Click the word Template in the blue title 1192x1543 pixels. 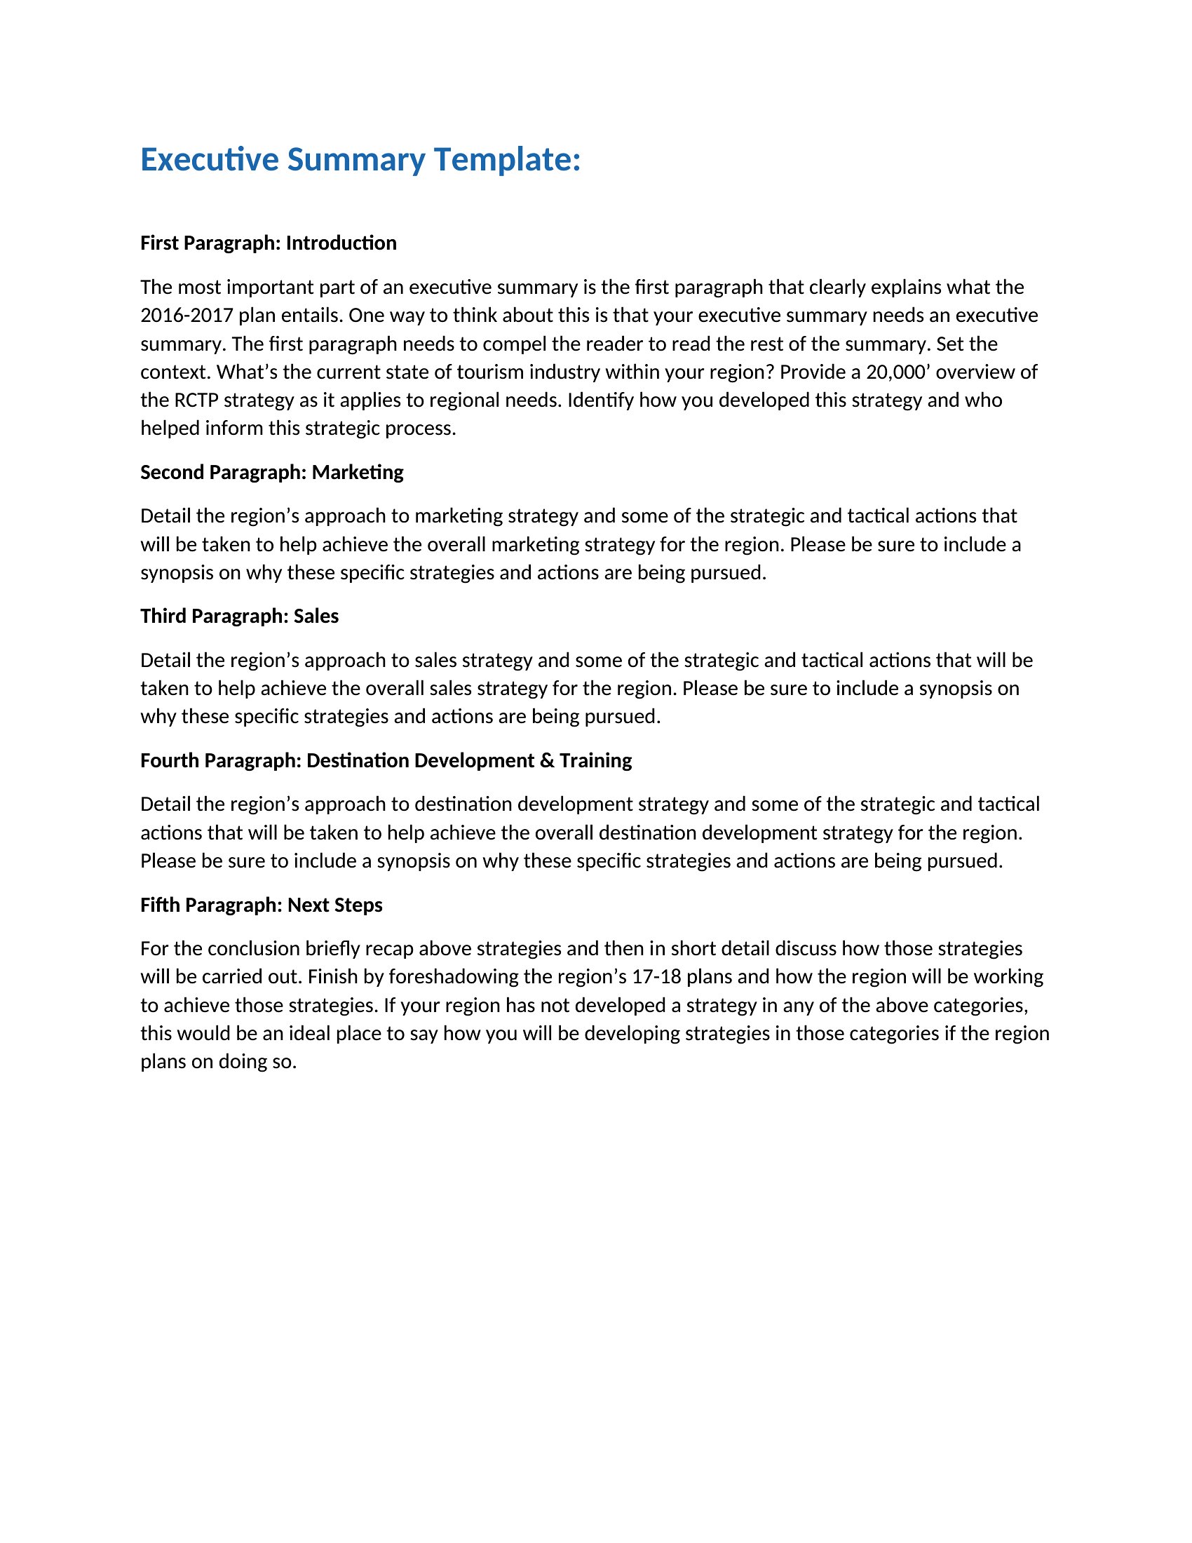(506, 160)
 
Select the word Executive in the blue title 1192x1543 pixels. (210, 160)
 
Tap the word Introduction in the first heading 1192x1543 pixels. (341, 243)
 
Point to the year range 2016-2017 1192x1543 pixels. (187, 315)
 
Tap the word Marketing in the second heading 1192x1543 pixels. (358, 472)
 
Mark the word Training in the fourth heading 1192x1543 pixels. (595, 761)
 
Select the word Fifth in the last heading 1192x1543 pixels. (160, 905)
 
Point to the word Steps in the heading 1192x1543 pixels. (360, 905)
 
